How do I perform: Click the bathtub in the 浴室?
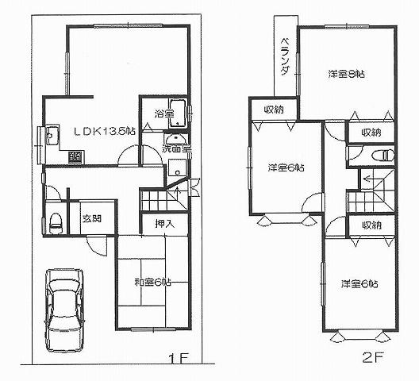click(x=178, y=114)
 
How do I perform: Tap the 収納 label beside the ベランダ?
click(x=267, y=110)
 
